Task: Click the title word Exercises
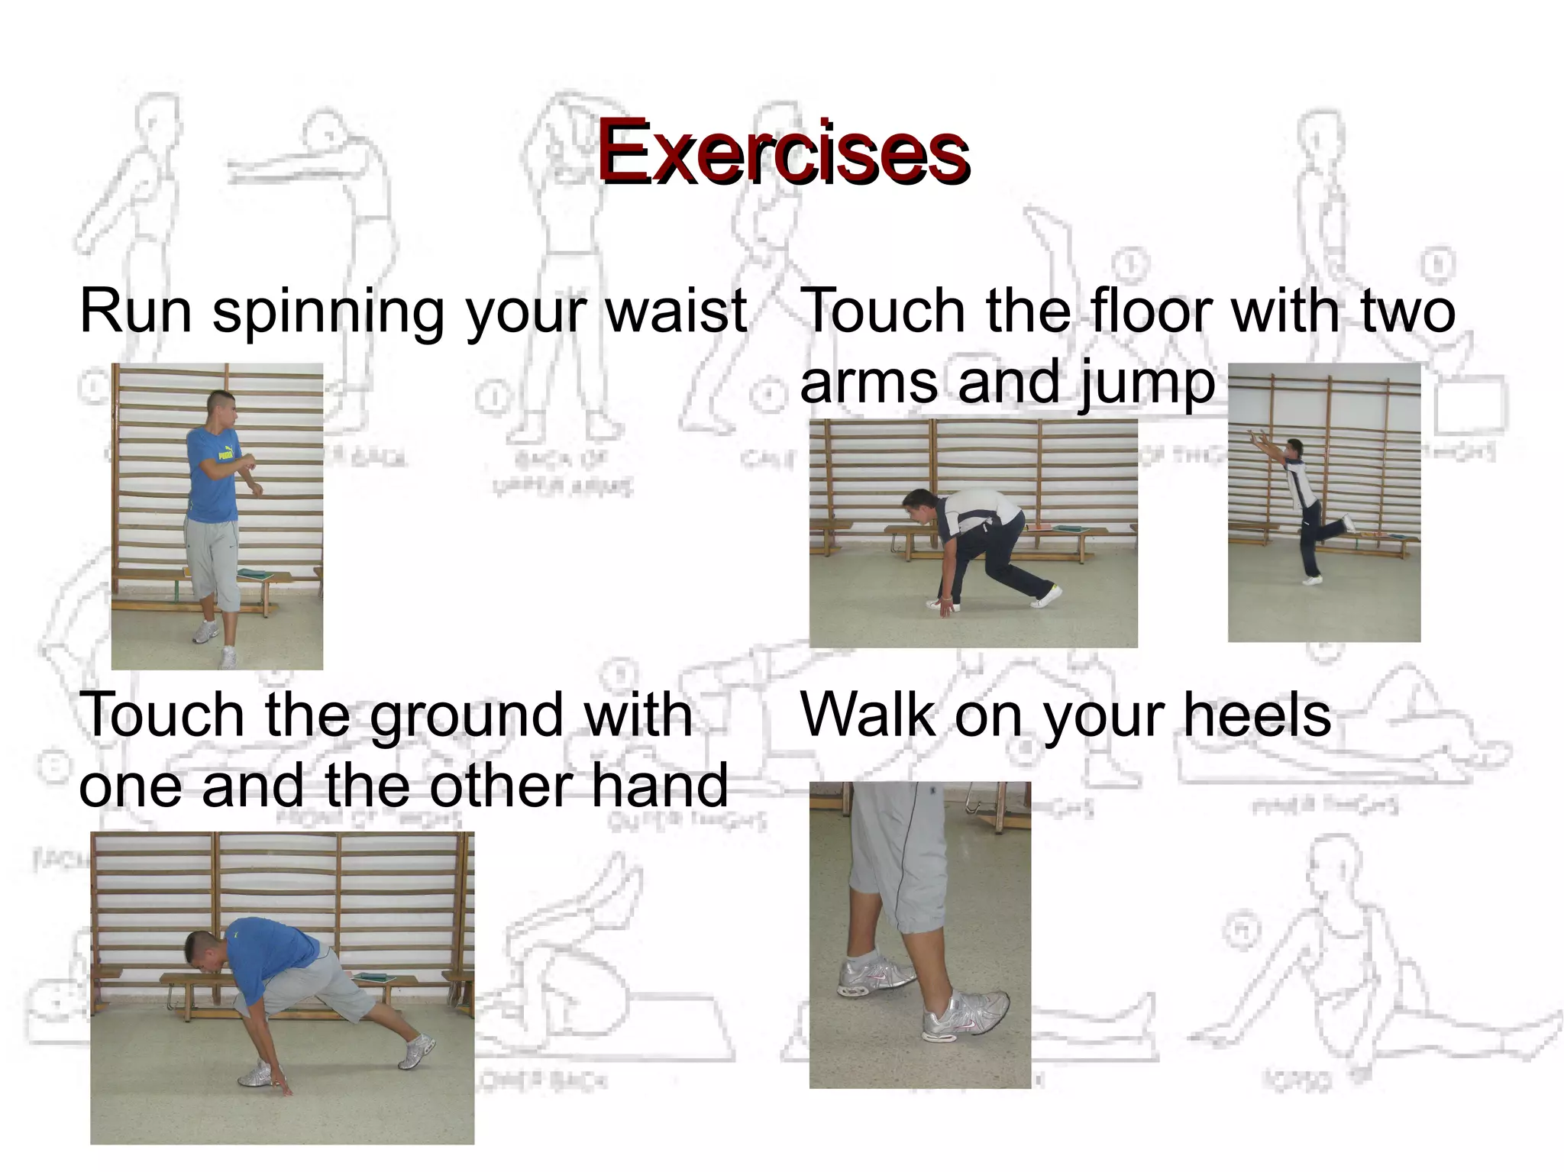click(x=782, y=153)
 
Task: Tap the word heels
click(x=1256, y=715)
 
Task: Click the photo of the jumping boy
click(x=1323, y=502)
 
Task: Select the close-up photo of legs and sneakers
click(x=919, y=935)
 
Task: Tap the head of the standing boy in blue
click(x=221, y=408)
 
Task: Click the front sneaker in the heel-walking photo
click(x=966, y=1014)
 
